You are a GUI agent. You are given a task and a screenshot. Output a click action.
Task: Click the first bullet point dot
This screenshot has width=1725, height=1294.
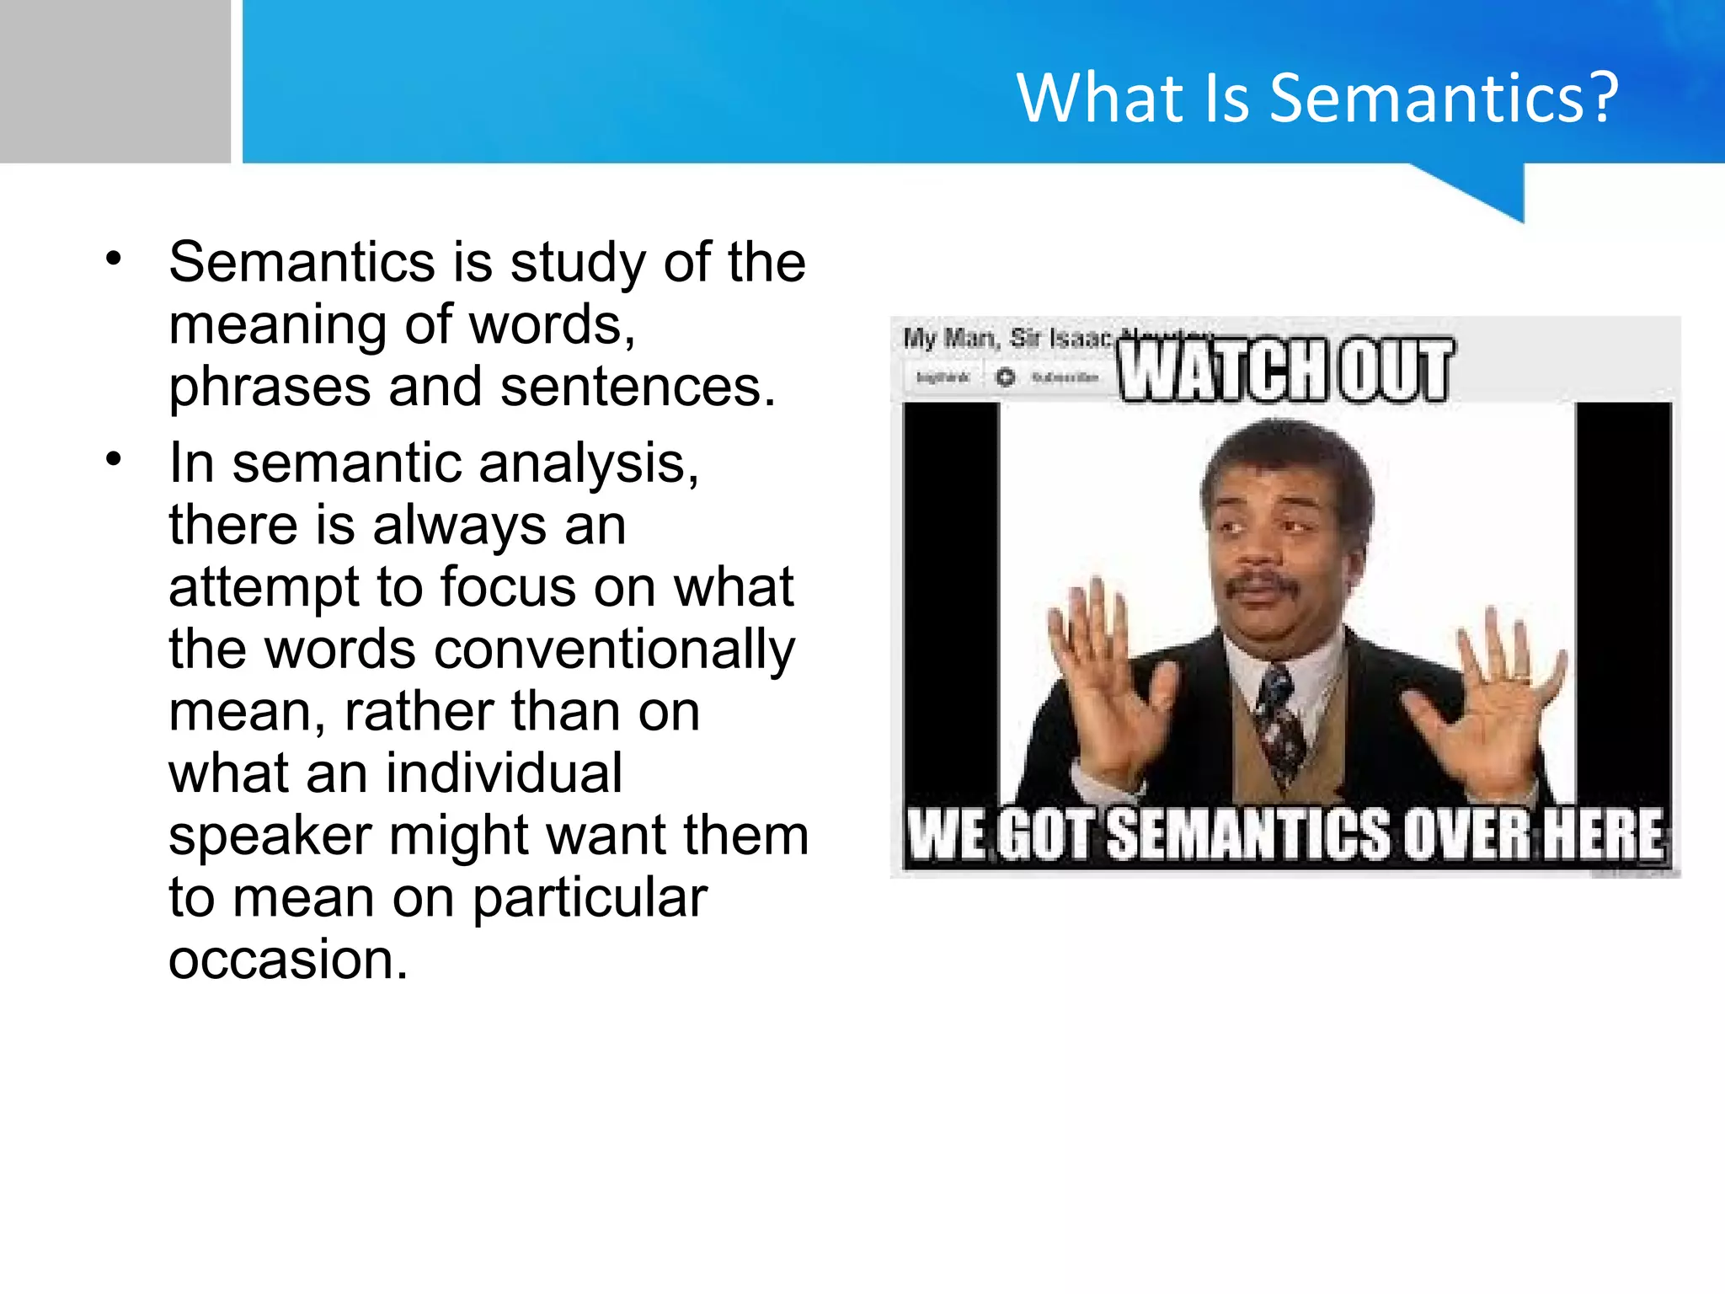pos(114,259)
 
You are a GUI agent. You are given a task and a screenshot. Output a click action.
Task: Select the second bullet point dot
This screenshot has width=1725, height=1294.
pos(114,459)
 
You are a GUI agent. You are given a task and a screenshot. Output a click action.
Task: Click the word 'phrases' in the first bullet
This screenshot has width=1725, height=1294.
pos(270,388)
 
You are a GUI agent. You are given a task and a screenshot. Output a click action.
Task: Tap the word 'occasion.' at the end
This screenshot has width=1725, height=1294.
pos(288,960)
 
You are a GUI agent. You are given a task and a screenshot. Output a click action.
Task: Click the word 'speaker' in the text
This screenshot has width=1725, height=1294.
pos(270,836)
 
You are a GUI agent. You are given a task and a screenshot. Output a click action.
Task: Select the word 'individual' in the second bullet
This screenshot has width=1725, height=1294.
pos(505,773)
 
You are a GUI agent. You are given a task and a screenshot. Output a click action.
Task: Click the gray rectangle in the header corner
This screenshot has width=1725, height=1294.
pos(115,81)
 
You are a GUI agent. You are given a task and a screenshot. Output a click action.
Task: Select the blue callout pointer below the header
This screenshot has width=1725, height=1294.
pos(1495,190)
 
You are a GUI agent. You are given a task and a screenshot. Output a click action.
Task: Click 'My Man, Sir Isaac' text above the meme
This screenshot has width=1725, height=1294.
pos(1007,339)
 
